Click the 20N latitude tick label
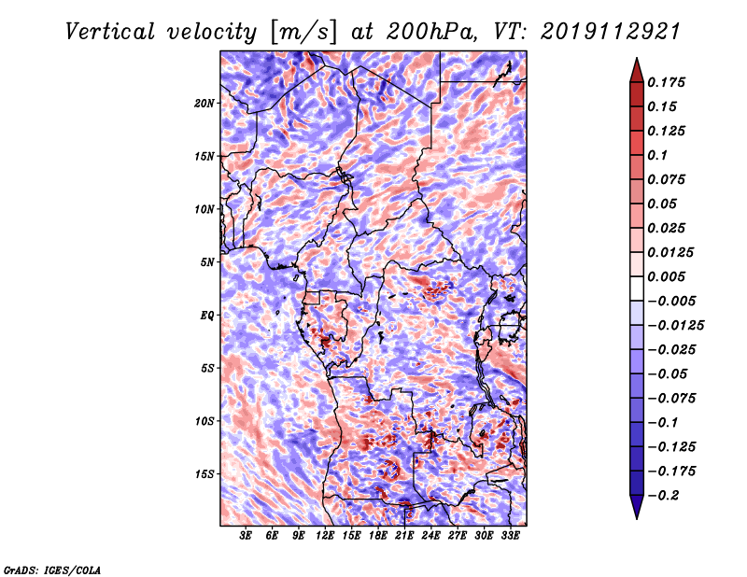tap(204, 103)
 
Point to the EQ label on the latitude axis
tap(207, 315)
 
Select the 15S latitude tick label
tap(204, 473)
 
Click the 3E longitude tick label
tap(247, 537)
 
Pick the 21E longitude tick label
tap(404, 537)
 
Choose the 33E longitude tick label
tap(510, 537)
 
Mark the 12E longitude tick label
tap(326, 537)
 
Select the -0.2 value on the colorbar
tap(666, 494)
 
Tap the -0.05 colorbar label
tap(669, 373)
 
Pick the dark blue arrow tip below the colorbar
tap(635, 510)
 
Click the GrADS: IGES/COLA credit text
tap(52, 569)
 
